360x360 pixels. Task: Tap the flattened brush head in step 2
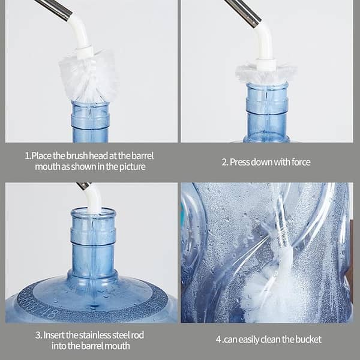point(266,73)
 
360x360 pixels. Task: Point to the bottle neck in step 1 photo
point(90,120)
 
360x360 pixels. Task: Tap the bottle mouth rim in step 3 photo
point(93,212)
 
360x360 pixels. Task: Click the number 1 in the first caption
point(27,155)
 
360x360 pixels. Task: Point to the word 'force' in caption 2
point(299,161)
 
